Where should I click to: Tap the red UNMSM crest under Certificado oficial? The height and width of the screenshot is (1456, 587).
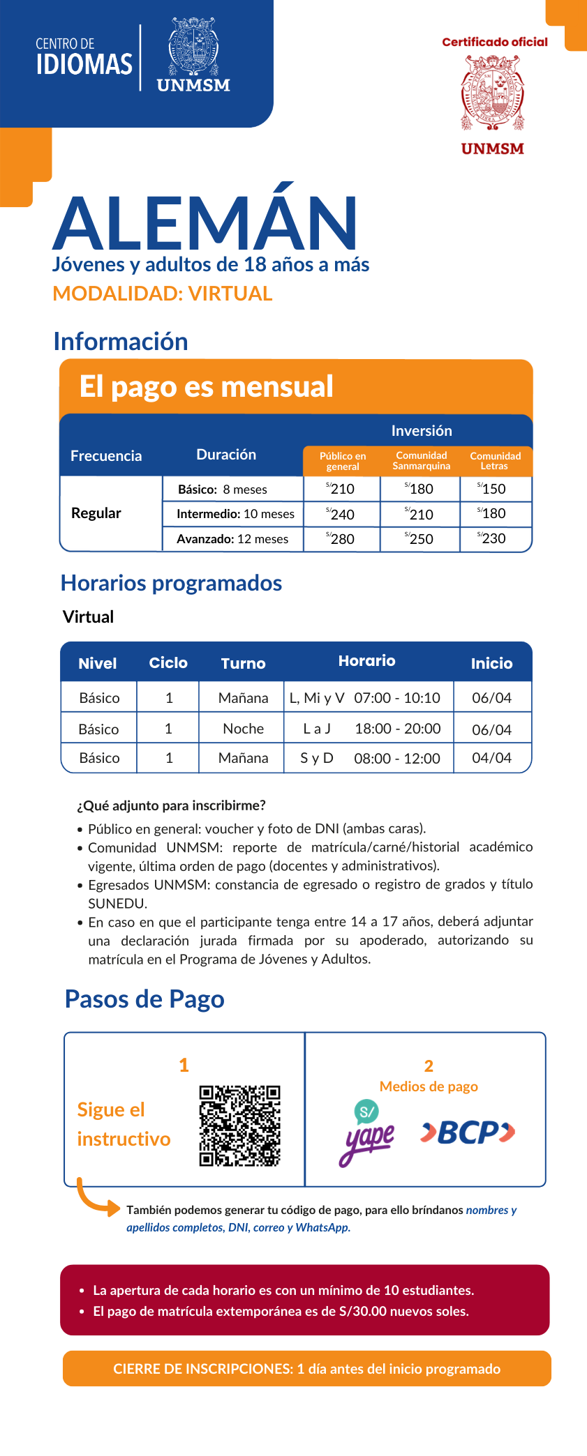pyautogui.click(x=492, y=93)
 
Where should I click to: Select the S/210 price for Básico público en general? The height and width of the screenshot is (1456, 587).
pyautogui.click(x=341, y=489)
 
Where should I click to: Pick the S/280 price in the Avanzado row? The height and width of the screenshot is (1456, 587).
pyautogui.click(x=341, y=539)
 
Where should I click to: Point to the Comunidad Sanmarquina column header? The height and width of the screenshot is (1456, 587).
pyautogui.click(x=421, y=461)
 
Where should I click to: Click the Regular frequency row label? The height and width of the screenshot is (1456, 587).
pyautogui.click(x=96, y=513)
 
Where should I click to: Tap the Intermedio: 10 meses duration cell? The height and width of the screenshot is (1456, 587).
pyautogui.click(x=235, y=515)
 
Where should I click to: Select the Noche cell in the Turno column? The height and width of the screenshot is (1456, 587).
pyautogui.click(x=243, y=729)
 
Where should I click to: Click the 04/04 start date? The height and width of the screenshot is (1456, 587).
pyautogui.click(x=491, y=758)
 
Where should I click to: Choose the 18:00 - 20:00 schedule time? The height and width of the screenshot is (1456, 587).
pyautogui.click(x=397, y=729)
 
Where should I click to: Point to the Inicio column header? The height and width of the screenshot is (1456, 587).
pyautogui.click(x=491, y=663)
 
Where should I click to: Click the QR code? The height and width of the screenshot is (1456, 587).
pyautogui.click(x=239, y=1125)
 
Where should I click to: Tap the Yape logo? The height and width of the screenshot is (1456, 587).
pyautogui.click(x=368, y=1131)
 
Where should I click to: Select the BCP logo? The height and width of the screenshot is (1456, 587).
pyautogui.click(x=468, y=1132)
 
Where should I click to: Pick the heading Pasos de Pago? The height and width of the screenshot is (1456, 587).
pyautogui.click(x=144, y=999)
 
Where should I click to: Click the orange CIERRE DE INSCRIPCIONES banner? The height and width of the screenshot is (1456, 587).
pyautogui.click(x=306, y=1369)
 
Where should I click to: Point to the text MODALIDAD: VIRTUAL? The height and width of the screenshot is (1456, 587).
pyautogui.click(x=163, y=294)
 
